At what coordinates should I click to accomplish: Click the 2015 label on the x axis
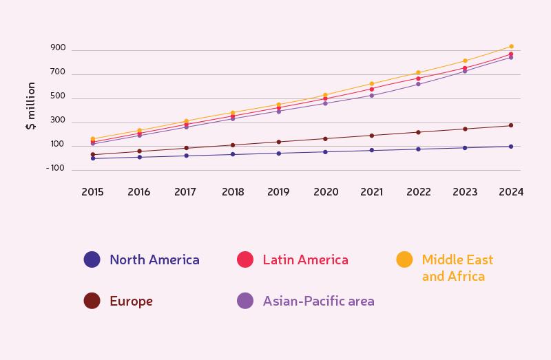[92, 192]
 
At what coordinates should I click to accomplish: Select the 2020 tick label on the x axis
[325, 192]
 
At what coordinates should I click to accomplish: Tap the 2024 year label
[511, 192]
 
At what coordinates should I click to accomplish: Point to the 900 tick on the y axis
[58, 48]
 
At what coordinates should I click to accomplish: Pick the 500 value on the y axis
[58, 96]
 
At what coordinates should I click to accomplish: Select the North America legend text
[154, 260]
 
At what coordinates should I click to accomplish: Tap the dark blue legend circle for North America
[92, 260]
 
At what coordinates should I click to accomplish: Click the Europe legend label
[131, 301]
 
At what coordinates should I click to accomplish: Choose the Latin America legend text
[305, 260]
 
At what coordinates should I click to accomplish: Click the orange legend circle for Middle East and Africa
[404, 260]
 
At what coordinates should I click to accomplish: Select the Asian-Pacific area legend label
[318, 301]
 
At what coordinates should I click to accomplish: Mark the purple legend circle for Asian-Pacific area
[245, 301]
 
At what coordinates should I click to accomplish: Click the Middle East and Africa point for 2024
[511, 46]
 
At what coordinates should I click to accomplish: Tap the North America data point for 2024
[511, 146]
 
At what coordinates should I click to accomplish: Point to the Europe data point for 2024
[511, 125]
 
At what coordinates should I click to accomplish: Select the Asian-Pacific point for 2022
[418, 84]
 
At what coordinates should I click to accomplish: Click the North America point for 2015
[92, 158]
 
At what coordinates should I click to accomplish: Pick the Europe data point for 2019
[278, 142]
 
